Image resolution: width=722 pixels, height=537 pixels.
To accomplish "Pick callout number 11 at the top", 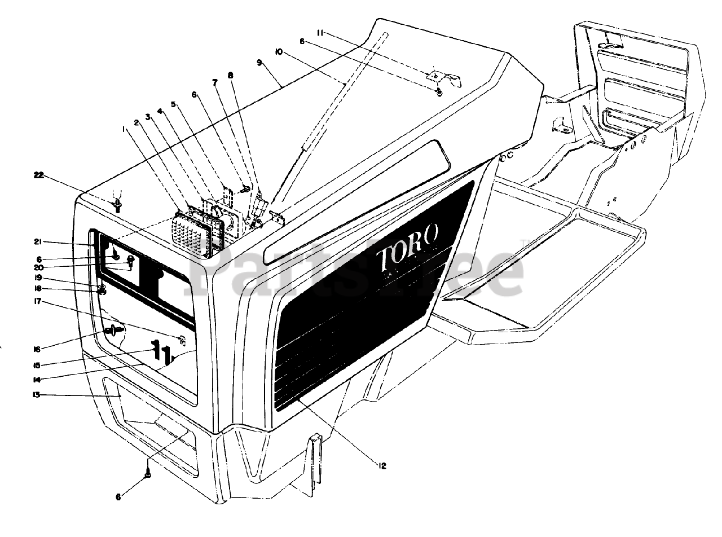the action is [x=320, y=33].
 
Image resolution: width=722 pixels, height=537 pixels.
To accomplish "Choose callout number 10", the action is [x=279, y=52].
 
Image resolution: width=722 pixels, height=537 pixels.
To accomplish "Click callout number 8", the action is [x=230, y=75].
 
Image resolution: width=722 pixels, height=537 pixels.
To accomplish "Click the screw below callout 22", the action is [x=118, y=205].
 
